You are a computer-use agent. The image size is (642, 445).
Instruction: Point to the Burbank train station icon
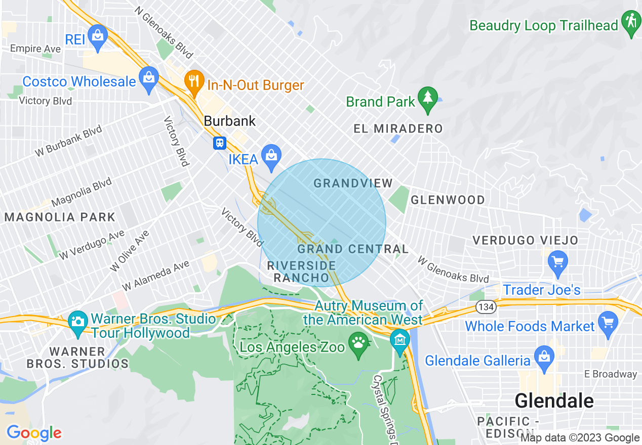(x=219, y=143)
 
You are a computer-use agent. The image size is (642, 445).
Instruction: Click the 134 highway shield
(x=485, y=306)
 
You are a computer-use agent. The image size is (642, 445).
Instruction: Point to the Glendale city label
(x=554, y=401)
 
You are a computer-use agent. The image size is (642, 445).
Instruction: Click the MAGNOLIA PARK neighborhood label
(x=60, y=217)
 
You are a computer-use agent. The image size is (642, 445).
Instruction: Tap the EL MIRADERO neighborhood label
(x=398, y=128)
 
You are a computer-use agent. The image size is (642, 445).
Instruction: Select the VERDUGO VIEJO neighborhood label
(x=525, y=240)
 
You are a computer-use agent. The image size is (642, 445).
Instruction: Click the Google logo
(x=34, y=433)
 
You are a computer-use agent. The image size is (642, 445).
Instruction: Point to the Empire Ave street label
(x=35, y=49)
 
